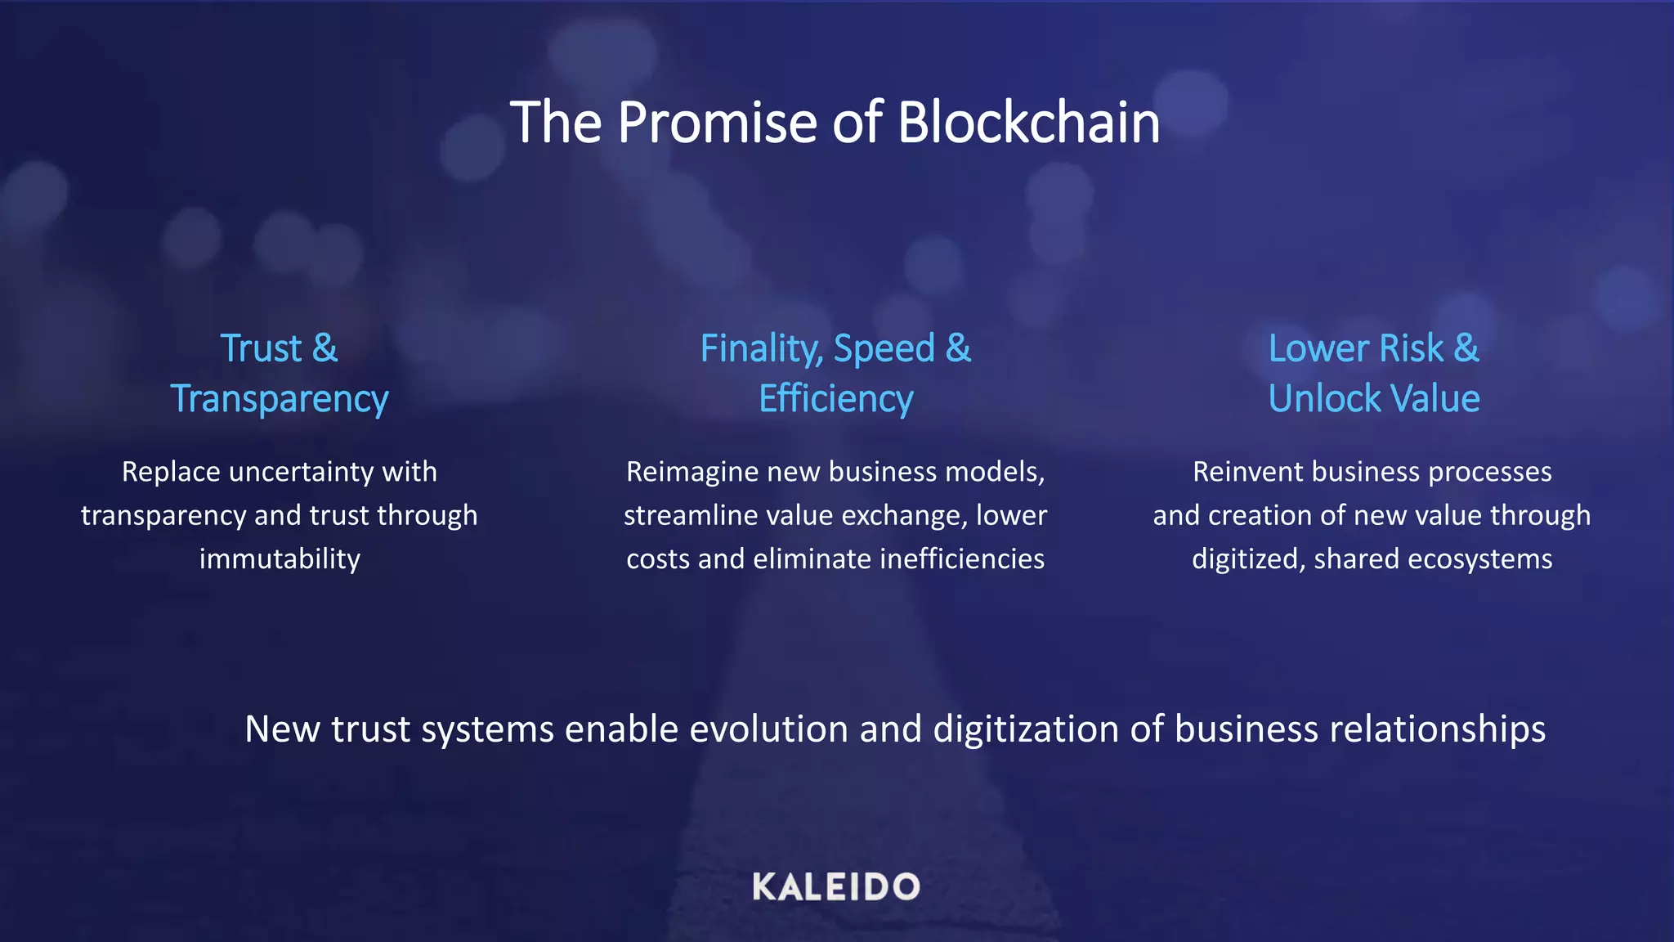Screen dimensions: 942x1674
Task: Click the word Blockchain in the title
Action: pyautogui.click(x=1028, y=123)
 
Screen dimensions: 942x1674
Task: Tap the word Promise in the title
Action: pyautogui.click(x=717, y=123)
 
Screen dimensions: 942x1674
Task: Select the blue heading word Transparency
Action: pyautogui.click(x=280, y=400)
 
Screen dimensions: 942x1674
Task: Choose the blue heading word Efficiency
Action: pyautogui.click(x=835, y=400)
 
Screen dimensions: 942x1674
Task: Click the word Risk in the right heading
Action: pyautogui.click(x=1411, y=349)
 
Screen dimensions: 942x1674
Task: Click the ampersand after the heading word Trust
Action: pyautogui.click(x=325, y=349)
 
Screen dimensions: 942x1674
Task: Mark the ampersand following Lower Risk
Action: pyautogui.click(x=1466, y=349)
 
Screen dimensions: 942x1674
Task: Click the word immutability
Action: pyautogui.click(x=280, y=559)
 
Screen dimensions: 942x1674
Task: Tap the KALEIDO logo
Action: pyautogui.click(x=835, y=887)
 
